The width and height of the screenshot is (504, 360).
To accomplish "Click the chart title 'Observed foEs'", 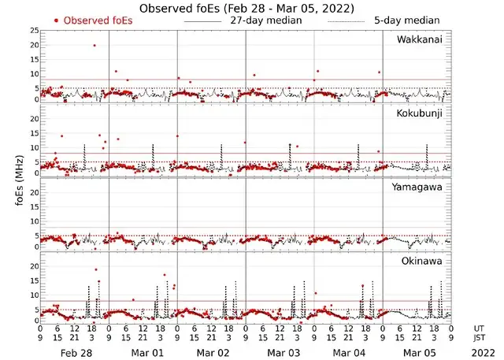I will click(x=245, y=8).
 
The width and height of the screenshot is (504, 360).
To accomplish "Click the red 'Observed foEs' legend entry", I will click(x=93, y=20).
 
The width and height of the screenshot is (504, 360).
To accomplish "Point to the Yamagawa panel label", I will click(x=421, y=187).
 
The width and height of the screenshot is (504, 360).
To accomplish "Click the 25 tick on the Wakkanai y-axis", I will click(x=33, y=30).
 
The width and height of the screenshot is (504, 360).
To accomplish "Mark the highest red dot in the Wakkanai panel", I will click(x=94, y=46).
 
